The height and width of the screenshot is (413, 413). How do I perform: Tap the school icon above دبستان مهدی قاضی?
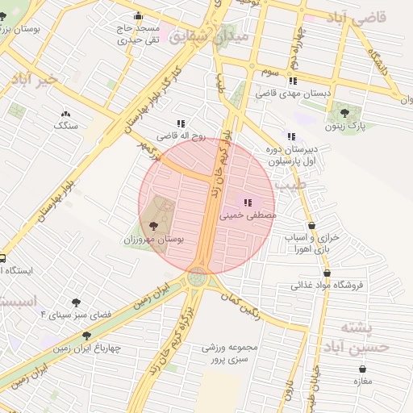pos(292,81)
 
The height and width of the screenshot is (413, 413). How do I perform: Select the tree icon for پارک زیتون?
pos(344,113)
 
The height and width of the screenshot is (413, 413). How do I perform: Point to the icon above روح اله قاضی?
pos(181,124)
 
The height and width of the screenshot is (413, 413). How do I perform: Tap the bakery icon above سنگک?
pos(65,114)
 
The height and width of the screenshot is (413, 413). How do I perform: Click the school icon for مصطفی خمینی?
pos(248,202)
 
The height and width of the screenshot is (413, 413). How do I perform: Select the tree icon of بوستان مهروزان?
pos(153,227)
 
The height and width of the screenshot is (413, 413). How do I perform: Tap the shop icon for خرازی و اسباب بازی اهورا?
pos(311,226)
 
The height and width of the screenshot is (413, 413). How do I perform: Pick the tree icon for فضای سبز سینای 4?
pos(77,302)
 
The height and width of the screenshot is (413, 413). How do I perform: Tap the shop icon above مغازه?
pos(361,369)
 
